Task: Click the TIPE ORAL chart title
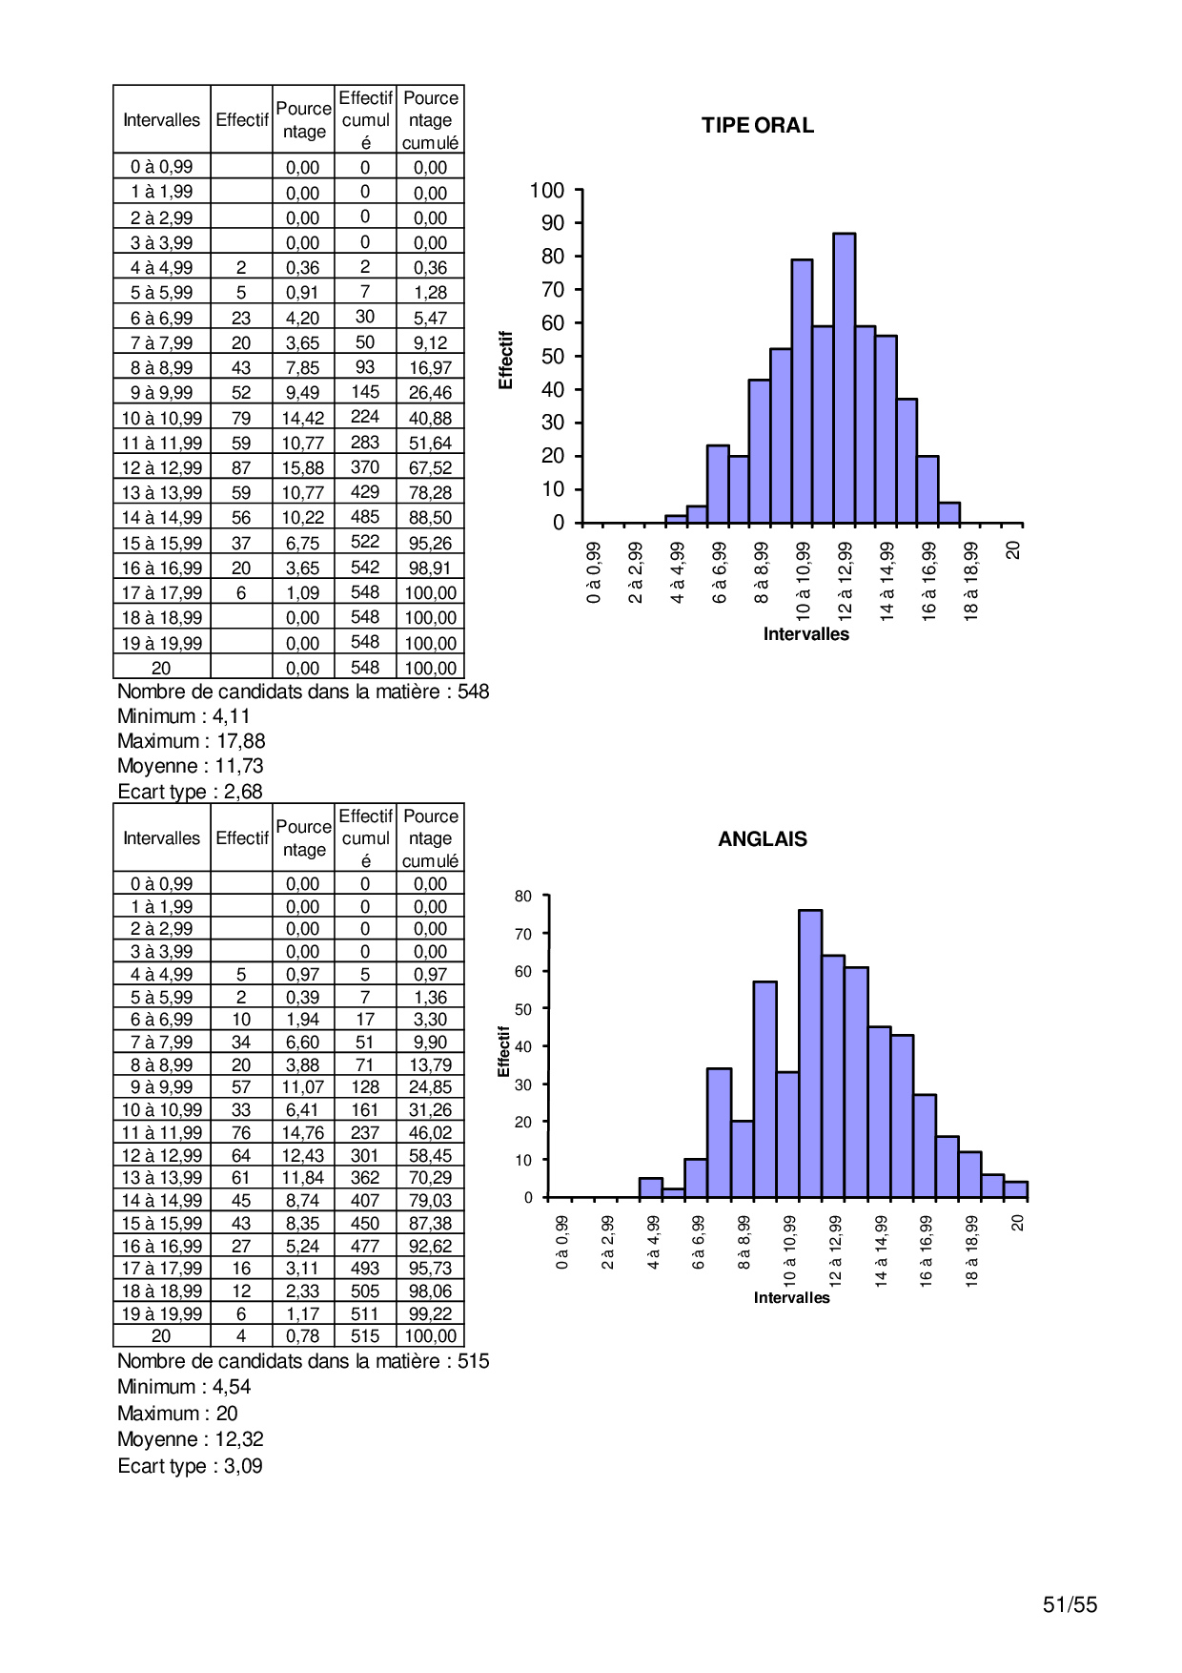click(x=757, y=126)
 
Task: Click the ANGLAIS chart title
click(x=762, y=839)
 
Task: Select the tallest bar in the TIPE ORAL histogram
click(x=844, y=378)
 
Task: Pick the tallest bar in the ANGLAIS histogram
click(x=810, y=1053)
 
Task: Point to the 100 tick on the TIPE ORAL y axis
click(x=547, y=191)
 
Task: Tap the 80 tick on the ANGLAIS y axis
click(x=523, y=897)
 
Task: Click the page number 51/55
click(x=1070, y=1604)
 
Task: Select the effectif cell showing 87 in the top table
click(x=241, y=468)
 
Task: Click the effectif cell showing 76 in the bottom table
click(x=241, y=1133)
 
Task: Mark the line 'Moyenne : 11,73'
click(x=190, y=766)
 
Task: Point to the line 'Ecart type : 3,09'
click(x=190, y=1466)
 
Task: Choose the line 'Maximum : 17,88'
click(x=191, y=741)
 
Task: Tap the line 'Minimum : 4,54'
click(x=184, y=1387)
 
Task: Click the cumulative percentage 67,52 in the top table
click(x=430, y=468)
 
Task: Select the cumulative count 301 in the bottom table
click(x=365, y=1155)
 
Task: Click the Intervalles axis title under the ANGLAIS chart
click(x=791, y=1298)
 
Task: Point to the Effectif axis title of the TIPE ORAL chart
click(x=506, y=360)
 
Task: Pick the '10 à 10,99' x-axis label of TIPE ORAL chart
click(x=803, y=581)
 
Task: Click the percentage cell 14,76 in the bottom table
click(x=303, y=1133)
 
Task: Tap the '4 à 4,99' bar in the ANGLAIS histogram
click(x=650, y=1188)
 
